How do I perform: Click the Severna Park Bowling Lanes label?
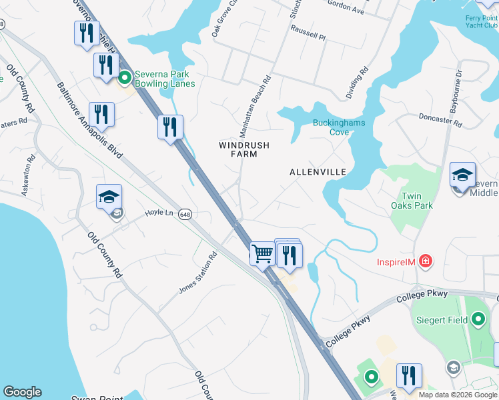point(165,79)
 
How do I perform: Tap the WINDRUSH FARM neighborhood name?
point(239,149)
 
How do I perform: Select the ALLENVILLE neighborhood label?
point(318,172)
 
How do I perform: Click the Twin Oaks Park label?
point(417,201)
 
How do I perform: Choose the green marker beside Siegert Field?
point(477,320)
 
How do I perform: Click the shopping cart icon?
point(262,253)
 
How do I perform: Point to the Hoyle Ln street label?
point(159,213)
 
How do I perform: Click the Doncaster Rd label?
point(436,116)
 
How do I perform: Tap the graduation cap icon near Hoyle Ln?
point(109,197)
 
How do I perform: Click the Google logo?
point(22,392)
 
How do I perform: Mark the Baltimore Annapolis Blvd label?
point(90,120)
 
